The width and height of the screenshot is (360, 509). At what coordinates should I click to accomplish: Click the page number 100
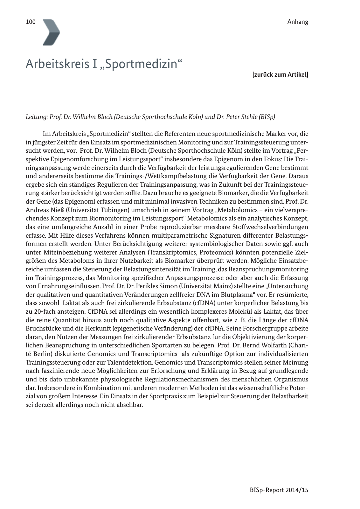pyautogui.click(x=31, y=22)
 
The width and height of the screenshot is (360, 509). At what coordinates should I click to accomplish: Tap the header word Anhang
pyautogui.click(x=298, y=22)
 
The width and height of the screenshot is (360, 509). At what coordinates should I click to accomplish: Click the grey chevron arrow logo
pyautogui.click(x=51, y=32)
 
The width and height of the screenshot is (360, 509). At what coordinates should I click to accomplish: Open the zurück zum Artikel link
pyautogui.click(x=280, y=75)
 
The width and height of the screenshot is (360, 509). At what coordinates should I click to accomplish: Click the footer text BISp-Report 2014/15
pyautogui.click(x=279, y=490)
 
